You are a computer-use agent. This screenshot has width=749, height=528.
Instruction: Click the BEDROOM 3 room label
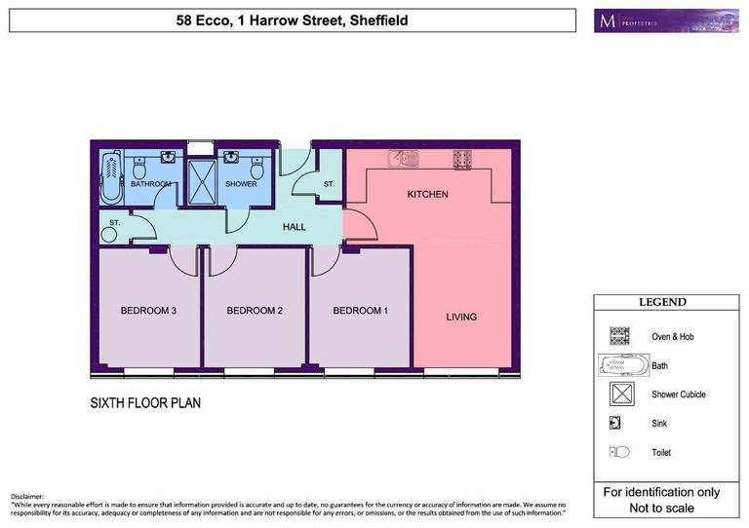click(x=148, y=311)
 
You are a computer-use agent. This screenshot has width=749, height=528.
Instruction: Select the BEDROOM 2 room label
click(x=255, y=311)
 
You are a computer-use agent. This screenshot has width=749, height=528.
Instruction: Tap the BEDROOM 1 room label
click(x=361, y=311)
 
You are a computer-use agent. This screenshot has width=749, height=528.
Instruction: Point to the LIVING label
click(x=461, y=317)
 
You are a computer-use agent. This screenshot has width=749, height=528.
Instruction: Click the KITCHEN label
click(x=427, y=195)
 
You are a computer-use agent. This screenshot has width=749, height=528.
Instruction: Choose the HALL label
click(x=294, y=227)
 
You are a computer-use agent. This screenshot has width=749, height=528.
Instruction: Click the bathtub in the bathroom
click(x=109, y=175)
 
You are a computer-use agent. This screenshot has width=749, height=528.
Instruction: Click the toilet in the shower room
click(x=257, y=172)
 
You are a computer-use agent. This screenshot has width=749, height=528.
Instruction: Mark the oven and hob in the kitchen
click(x=461, y=156)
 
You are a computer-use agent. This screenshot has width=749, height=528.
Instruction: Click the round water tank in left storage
click(x=107, y=234)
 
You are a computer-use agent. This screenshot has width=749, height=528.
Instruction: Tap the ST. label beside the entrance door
click(x=329, y=183)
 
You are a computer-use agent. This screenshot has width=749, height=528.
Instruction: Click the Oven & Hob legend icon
click(x=618, y=336)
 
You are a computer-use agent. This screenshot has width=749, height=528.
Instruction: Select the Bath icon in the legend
click(x=621, y=365)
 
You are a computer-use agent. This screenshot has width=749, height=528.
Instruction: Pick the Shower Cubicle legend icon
click(x=618, y=395)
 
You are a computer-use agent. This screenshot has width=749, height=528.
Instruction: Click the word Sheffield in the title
click(x=374, y=19)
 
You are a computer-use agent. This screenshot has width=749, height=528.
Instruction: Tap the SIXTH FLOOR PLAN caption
click(x=145, y=402)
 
